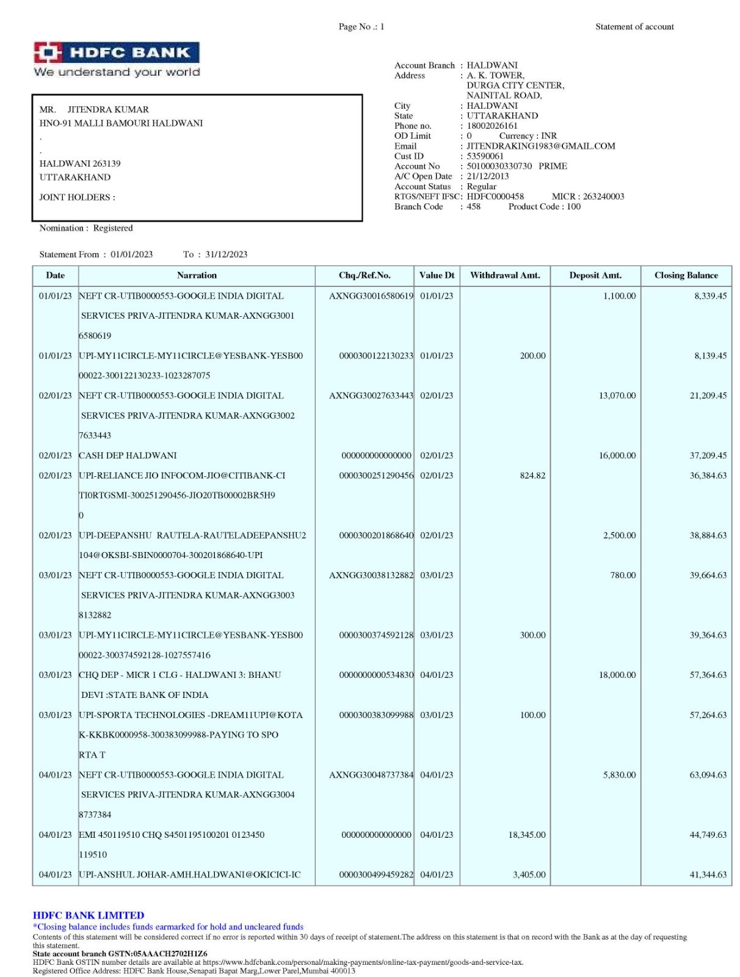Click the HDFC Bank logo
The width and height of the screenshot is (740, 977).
pos(116,59)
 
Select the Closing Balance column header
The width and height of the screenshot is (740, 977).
pos(686,275)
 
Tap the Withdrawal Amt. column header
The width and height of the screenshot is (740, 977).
pos(505,275)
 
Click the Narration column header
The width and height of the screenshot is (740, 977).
pos(197,275)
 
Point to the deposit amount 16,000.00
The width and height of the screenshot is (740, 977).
pos(617,456)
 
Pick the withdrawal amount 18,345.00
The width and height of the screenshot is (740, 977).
pos(527,835)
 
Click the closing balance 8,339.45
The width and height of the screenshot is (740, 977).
pos(710,296)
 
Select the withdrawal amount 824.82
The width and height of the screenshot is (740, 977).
pos(532,476)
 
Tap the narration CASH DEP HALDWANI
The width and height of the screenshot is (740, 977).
pos(128,456)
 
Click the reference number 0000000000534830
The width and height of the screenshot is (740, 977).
pos(376,675)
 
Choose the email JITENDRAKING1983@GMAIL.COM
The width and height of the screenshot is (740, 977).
pos(541,146)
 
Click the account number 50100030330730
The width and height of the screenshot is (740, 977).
pos(499,166)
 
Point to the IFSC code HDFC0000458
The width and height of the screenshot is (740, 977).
pos(495,197)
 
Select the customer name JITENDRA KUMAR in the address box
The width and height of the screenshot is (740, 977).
pos(108,110)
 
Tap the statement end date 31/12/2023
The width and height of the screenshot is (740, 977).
pos(226,255)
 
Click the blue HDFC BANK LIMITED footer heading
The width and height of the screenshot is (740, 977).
pos(89,915)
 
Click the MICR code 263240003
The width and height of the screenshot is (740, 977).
pos(603,197)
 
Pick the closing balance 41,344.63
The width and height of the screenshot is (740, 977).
pos(708,875)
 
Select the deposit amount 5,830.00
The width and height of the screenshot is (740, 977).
pos(619,775)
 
